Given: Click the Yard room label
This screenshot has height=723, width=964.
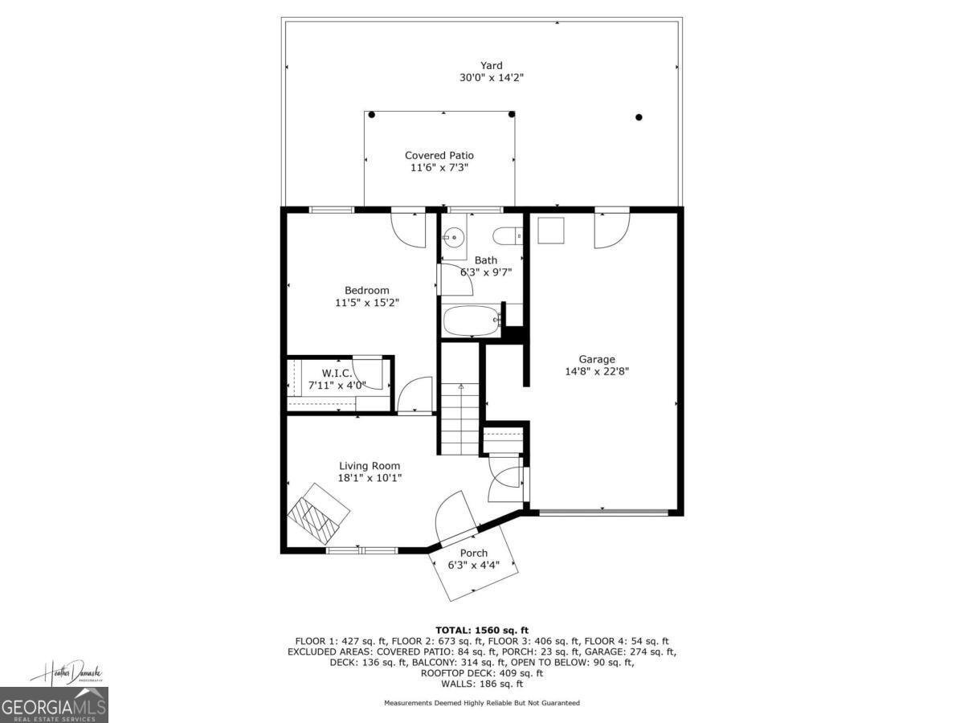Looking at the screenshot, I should tap(492, 66).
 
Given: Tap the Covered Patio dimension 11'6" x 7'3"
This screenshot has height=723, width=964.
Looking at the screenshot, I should tap(439, 168).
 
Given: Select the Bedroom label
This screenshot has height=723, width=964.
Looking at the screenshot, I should tap(366, 290).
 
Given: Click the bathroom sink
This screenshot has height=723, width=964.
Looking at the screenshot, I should tap(454, 237).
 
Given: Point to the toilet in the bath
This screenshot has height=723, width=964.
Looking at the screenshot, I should tap(507, 236).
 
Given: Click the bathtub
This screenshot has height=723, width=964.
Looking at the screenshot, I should tap(472, 321).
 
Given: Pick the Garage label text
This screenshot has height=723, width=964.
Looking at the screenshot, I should tap(597, 359).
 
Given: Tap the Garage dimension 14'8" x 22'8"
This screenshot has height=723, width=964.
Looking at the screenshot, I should tap(597, 371).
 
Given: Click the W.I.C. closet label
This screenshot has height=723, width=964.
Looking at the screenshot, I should tap(337, 373).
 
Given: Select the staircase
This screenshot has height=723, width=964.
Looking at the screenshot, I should tap(460, 418).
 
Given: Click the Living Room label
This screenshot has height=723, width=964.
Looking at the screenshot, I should tap(369, 466).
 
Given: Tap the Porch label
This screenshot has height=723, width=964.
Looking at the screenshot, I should tap(473, 553).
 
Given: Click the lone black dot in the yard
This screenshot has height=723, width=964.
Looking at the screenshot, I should tap(639, 117).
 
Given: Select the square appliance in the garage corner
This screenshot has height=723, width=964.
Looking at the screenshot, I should tap(551, 231).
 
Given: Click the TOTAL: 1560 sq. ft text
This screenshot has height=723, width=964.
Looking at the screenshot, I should tap(482, 630).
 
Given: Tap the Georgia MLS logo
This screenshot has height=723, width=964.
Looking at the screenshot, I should tap(54, 705).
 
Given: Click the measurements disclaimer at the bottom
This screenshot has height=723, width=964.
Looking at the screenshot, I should tap(482, 703).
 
